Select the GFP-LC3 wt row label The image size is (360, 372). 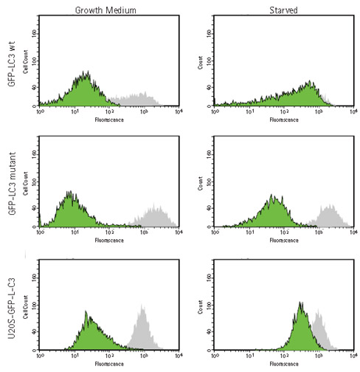pos(10,66)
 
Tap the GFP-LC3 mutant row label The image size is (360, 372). pos(10,184)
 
